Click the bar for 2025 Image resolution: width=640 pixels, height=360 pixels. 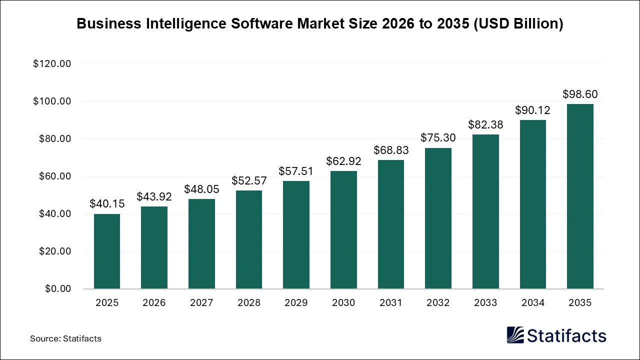coord(107,251)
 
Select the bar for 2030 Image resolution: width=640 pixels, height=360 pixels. coord(343,230)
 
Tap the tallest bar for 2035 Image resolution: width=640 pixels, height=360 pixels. coord(580,196)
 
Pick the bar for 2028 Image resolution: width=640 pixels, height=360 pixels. coord(249,239)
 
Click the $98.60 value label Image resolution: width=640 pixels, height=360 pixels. coord(580,94)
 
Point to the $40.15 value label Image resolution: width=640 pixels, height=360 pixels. coord(107,204)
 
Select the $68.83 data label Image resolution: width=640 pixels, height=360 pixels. coord(391,150)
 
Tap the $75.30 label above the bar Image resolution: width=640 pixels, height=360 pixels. coord(438,138)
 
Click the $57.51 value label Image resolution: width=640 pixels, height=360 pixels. coord(296,171)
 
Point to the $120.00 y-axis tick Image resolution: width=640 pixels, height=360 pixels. coord(52,64)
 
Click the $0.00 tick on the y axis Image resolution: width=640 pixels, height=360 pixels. coord(58,289)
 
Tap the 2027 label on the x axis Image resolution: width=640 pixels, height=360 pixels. coord(201,303)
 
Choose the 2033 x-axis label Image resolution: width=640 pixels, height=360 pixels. coord(485,303)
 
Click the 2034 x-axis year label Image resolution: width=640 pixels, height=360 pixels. coord(532,303)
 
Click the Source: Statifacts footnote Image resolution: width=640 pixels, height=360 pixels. coord(65,338)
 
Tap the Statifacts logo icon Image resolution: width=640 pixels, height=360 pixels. coord(515,335)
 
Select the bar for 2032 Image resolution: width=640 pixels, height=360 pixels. coord(438,218)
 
